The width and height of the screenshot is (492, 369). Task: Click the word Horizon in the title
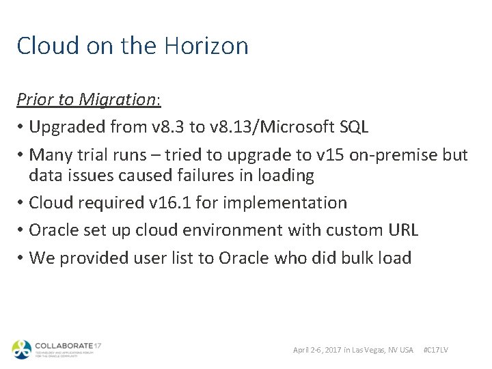point(207,46)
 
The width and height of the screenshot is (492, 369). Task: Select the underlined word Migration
point(118,99)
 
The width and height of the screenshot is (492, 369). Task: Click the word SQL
point(353,126)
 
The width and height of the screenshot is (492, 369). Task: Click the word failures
point(212,176)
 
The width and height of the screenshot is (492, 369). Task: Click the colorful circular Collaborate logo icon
point(21,349)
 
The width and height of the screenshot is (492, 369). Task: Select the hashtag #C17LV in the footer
point(436,350)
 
